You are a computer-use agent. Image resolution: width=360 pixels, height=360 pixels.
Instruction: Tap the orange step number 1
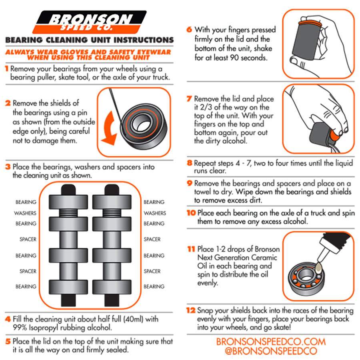[x=7, y=69]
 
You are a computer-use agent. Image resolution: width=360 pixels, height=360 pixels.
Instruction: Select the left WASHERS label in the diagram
[x=26, y=213]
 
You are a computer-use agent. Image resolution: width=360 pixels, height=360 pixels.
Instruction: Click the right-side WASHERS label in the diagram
[x=154, y=213]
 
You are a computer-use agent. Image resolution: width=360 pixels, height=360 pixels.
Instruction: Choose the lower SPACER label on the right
[x=152, y=271]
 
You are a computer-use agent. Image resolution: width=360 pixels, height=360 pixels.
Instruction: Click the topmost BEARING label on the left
[x=26, y=202]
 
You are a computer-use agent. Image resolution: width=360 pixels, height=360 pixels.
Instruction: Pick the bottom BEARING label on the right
[x=154, y=286]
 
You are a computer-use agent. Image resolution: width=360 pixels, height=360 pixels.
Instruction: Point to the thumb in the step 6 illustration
[x=298, y=61]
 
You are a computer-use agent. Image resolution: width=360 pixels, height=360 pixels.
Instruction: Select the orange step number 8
[x=190, y=163]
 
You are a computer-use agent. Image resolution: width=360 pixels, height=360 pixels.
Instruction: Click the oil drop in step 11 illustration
[x=319, y=267]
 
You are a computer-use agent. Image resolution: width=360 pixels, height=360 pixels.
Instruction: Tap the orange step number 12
[x=191, y=310]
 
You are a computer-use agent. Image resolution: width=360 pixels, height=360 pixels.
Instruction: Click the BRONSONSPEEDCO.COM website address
[x=271, y=342]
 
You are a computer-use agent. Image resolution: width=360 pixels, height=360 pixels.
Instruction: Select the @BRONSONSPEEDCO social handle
[x=271, y=351]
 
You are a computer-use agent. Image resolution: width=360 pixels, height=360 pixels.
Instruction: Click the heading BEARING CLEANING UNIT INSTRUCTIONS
[x=89, y=40]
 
